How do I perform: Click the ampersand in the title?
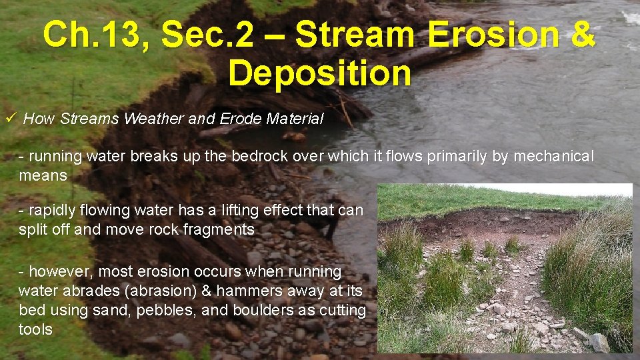[579, 35]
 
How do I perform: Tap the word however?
[54, 272]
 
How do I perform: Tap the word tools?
[35, 330]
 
